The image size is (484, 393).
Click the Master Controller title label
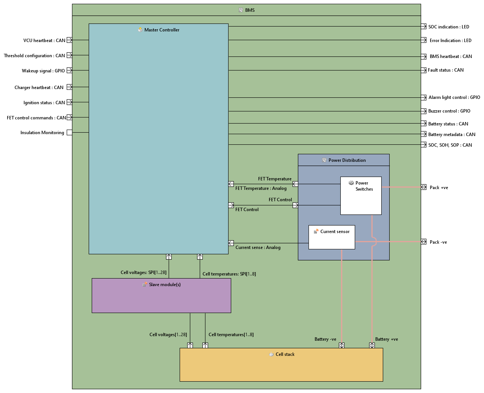coord(161,30)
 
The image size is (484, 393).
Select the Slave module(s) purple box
coord(161,299)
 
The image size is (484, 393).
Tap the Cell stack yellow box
coord(281,368)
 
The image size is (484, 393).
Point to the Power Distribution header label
coord(347,160)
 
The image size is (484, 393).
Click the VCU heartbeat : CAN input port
coord(69,40)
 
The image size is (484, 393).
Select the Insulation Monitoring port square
coord(69,133)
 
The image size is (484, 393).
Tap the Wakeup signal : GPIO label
coord(43,71)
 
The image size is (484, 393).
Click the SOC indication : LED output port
coord(424,27)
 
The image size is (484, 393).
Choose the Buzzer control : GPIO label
coord(449,111)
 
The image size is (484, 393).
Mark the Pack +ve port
coord(424,187)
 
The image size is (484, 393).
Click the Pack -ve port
coord(424,242)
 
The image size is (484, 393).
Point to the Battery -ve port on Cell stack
coord(341,345)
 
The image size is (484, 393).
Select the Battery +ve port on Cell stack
coord(372,345)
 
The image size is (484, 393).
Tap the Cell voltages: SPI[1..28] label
coord(143,272)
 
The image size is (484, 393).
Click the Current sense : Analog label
coord(258,247)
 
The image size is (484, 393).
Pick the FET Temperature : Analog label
coord(261,188)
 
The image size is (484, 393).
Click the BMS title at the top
coord(250,10)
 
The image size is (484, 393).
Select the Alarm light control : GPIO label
coord(454,97)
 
